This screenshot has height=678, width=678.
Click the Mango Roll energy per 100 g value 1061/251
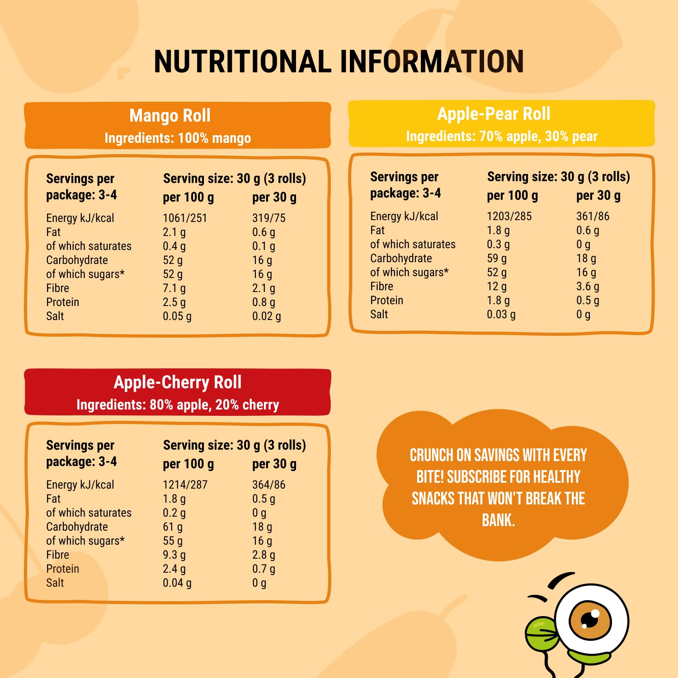(x=184, y=218)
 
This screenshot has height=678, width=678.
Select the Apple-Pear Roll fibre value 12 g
(x=496, y=287)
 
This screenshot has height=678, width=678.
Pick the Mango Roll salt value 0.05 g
(x=177, y=316)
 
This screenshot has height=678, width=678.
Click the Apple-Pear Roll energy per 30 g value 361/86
(x=593, y=217)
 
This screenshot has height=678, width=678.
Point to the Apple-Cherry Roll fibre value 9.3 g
(x=174, y=555)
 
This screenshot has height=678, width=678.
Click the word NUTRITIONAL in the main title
(x=242, y=61)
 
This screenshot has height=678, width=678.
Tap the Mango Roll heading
(x=170, y=116)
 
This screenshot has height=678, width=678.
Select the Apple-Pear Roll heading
(x=494, y=114)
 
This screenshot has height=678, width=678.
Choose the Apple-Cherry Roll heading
(x=178, y=382)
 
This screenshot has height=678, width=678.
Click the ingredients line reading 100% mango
(x=178, y=138)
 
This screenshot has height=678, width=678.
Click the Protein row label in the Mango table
(x=62, y=302)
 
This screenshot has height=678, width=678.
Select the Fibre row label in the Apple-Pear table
(x=381, y=287)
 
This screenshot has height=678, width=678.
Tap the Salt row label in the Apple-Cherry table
(x=55, y=583)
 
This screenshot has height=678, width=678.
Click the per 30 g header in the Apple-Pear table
(x=598, y=196)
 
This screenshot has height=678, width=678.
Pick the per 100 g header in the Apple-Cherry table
(x=188, y=464)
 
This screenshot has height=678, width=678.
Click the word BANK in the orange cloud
(x=498, y=520)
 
